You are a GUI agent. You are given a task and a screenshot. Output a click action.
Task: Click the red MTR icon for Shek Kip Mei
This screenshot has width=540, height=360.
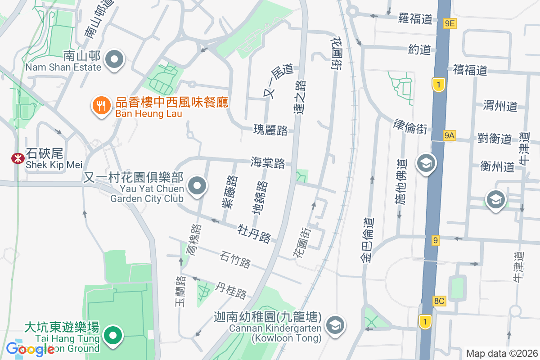[18, 158]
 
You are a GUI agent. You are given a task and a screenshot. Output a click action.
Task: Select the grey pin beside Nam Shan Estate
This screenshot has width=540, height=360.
[114, 60]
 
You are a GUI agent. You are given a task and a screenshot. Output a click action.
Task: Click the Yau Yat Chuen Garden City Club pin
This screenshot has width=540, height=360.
[197, 185]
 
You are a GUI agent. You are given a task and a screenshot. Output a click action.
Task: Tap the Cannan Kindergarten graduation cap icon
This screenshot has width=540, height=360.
[336, 324]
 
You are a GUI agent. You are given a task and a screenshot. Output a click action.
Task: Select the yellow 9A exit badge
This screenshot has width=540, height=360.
[449, 135]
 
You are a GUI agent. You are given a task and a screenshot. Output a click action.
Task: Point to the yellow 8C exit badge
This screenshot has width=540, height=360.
[439, 301]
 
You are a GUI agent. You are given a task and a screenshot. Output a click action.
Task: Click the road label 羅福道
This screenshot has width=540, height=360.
[415, 19]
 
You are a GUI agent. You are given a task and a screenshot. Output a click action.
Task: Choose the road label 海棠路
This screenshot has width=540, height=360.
[268, 162]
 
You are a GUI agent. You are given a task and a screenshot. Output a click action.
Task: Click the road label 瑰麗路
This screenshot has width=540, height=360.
[270, 130]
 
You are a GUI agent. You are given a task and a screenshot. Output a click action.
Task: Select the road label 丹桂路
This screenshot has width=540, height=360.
[231, 290]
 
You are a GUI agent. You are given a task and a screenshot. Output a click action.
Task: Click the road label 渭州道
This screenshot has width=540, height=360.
[500, 106]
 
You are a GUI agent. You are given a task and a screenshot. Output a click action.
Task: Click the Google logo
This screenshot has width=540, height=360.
[31, 349]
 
